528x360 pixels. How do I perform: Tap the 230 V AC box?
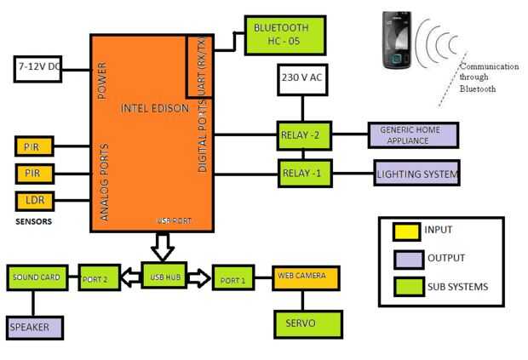[x=301, y=81]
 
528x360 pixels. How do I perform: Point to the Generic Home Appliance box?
[x=413, y=134]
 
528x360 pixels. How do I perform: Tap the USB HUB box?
[x=164, y=275]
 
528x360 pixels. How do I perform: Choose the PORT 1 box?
[x=233, y=277]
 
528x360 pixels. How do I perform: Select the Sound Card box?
[x=38, y=277]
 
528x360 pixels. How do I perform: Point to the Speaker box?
[x=35, y=327]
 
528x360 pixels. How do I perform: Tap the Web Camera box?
[x=306, y=277]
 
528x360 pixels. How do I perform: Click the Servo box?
[x=307, y=323]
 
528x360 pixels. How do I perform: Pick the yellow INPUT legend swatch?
[x=405, y=230]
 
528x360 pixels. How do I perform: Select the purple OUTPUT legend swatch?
[x=405, y=258]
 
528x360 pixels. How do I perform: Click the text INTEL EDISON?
[x=152, y=108]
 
